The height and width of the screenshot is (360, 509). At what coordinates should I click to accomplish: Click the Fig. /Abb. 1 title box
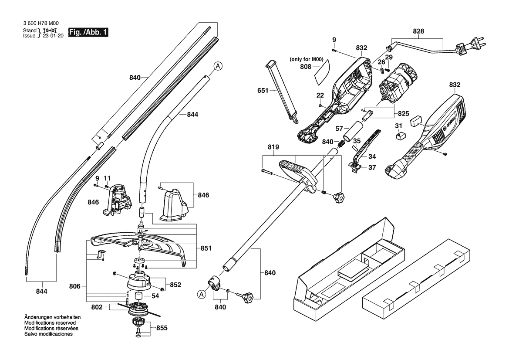[x=88, y=32]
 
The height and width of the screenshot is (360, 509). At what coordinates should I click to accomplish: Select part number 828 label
[x=418, y=31]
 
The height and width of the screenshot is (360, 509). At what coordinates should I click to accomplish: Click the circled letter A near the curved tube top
[x=218, y=66]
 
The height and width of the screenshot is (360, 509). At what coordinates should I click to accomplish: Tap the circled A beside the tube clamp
[x=202, y=294]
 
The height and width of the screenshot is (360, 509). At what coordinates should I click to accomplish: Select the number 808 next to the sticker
[x=306, y=67]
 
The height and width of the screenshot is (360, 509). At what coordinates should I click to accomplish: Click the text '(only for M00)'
[x=307, y=59]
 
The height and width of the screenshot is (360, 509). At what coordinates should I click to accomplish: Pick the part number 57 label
[x=339, y=129]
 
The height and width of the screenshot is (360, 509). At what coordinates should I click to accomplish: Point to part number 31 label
[x=399, y=126]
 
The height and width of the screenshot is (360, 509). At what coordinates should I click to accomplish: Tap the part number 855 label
[x=162, y=328]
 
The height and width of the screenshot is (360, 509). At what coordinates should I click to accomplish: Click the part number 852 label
[x=175, y=285]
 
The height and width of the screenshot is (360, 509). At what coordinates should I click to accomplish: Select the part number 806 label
[x=74, y=286]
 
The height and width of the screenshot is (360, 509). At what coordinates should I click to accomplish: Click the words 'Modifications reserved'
[x=50, y=323]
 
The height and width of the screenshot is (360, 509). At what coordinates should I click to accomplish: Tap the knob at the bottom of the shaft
[x=248, y=296]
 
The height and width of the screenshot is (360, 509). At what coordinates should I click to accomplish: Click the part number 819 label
[x=273, y=147]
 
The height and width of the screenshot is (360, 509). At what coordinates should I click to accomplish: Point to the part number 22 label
[x=320, y=95]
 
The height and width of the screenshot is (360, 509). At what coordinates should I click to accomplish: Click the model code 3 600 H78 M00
[x=41, y=24]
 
